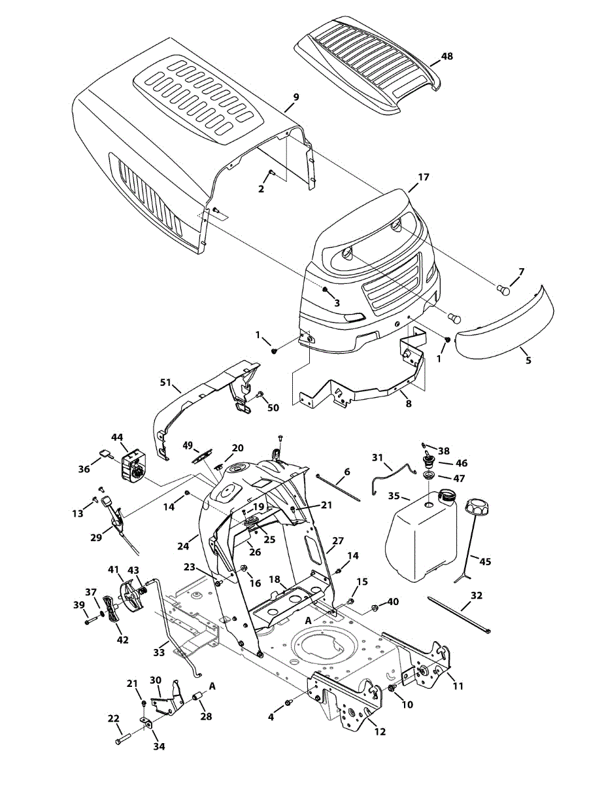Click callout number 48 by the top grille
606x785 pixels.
coord(446,56)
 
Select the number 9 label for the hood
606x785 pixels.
coord(296,97)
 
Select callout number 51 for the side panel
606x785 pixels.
coord(166,383)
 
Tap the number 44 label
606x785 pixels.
coord(117,436)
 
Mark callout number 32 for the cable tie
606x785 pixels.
coord(477,596)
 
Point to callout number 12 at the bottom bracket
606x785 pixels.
coord(380,731)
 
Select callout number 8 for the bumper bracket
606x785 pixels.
coord(408,404)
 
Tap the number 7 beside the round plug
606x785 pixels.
coord(521,271)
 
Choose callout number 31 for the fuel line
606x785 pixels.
coord(378,457)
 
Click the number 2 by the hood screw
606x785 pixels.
coord(261,189)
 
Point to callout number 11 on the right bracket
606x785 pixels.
coord(458,686)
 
